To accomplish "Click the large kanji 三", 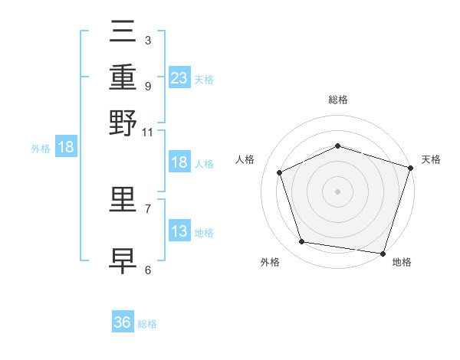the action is point(123,31).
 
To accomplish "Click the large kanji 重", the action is point(123,77).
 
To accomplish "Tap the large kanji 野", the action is point(123,123).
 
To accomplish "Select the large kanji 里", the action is point(123,200).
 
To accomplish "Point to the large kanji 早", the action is point(123,261).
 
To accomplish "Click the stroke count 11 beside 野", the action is point(147,133).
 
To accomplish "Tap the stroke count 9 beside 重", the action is point(148,87).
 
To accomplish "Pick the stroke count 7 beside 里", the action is point(148,209).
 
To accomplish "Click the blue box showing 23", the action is point(179,77).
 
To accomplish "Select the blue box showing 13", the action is point(179,230).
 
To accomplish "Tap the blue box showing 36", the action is point(123,321).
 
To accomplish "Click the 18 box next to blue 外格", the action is point(66,146).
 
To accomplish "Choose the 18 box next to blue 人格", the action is point(179,162).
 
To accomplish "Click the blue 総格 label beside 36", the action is point(147,324).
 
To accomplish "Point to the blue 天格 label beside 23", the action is point(204,80).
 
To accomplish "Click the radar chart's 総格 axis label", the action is point(338,100).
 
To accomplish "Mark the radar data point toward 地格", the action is point(383,254).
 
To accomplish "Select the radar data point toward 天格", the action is point(411,168).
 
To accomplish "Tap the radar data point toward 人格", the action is point(280,172).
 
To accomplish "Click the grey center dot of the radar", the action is point(337,191).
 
